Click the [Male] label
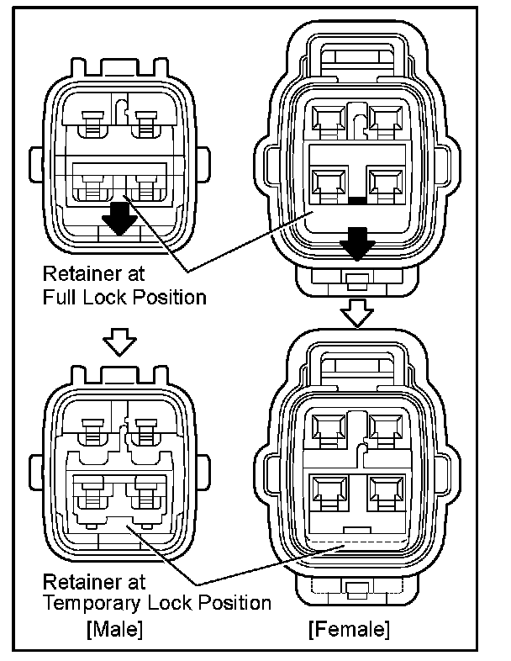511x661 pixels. point(114,628)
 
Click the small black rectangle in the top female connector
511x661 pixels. point(358,201)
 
